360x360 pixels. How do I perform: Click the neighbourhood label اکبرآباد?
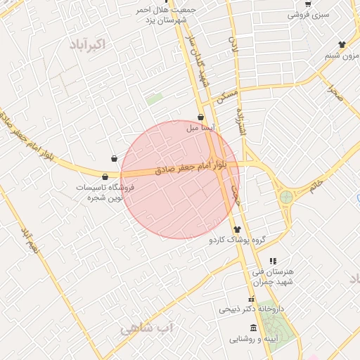point(87,44)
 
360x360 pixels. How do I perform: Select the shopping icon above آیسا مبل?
point(201,117)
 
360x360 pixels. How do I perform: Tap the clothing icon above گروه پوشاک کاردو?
point(236,229)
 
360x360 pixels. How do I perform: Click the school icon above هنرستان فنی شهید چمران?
point(273,261)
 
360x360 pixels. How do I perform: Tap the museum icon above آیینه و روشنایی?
point(253,329)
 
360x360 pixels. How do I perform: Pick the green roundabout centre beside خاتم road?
point(286,197)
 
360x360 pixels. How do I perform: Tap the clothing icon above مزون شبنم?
point(342,45)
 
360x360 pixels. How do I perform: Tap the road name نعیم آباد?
point(29,240)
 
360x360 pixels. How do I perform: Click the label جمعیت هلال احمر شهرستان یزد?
point(166,15)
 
